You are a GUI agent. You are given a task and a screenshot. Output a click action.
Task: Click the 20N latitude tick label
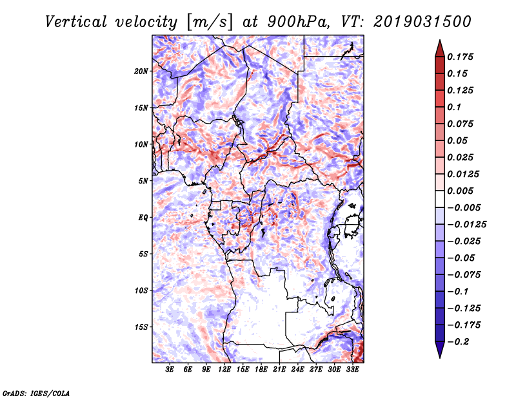141,71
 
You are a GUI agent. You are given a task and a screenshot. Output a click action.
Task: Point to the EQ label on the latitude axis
143,218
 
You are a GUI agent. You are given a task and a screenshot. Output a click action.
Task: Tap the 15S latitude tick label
141,327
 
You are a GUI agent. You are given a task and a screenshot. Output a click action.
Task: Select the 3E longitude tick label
170,370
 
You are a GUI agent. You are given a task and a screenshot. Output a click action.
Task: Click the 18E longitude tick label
261,370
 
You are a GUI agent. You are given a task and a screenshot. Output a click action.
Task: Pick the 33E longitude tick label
352,370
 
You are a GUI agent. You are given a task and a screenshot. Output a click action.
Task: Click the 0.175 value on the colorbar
461,57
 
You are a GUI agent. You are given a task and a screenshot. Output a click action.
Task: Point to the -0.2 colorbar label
458,342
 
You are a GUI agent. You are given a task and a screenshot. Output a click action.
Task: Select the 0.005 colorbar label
461,191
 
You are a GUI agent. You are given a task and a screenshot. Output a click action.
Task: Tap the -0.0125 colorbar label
466,225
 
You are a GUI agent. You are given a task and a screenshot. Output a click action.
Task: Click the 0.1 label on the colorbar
454,107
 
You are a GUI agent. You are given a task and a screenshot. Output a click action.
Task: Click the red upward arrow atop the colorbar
440,48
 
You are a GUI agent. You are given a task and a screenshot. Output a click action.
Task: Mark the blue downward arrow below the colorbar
440,350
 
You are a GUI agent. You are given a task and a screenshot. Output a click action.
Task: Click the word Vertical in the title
76,22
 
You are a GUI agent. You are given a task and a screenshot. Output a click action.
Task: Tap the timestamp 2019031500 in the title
422,22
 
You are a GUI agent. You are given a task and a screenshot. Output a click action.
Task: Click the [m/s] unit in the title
210,23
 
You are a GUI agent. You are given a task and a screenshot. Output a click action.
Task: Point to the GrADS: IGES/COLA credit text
36,393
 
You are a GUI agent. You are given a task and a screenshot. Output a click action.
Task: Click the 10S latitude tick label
141,290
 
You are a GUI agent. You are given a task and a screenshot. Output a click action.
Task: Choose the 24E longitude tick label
297,370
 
